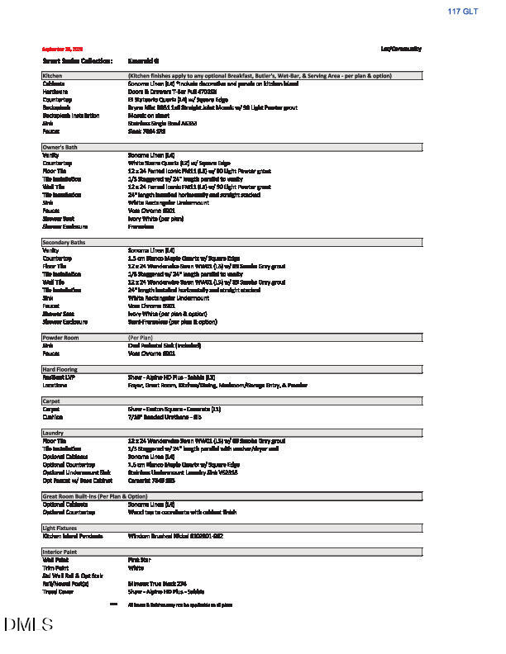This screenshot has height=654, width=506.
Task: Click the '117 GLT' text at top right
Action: click(x=463, y=12)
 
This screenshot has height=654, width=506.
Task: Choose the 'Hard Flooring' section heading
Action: click(x=60, y=369)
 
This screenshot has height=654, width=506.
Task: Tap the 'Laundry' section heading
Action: click(x=54, y=433)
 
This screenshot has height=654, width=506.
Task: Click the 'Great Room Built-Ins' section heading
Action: click(x=94, y=495)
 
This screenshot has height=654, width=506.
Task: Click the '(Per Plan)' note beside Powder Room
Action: click(x=138, y=338)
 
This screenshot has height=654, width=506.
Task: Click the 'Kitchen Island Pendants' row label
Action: click(x=72, y=535)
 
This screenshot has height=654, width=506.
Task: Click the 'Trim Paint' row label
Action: click(x=57, y=567)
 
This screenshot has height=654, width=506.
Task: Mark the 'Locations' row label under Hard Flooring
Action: click(x=55, y=385)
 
